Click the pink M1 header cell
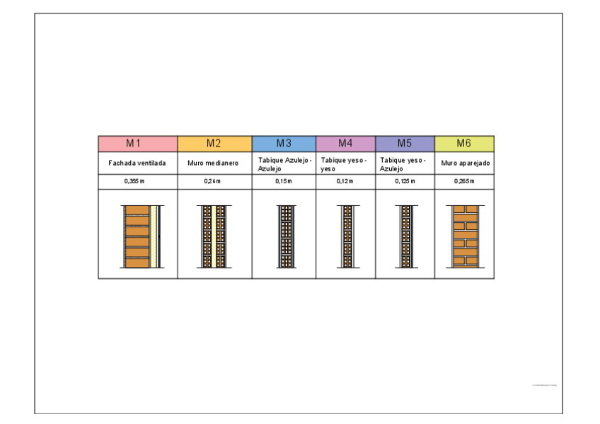point(137,143)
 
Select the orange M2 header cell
point(214,143)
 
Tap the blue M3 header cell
point(284,143)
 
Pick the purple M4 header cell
point(345,143)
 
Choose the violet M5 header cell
point(405,143)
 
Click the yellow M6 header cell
point(464,143)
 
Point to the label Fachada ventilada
point(137,163)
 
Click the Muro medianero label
point(213,163)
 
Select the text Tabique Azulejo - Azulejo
point(284,165)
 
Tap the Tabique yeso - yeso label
point(344,165)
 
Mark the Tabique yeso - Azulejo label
point(403,165)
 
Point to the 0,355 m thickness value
point(134,181)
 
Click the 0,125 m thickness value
point(405,181)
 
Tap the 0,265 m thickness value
point(464,181)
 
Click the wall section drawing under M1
point(144,236)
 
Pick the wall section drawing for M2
point(214,236)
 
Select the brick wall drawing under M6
point(464,236)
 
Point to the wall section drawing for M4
point(347,236)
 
